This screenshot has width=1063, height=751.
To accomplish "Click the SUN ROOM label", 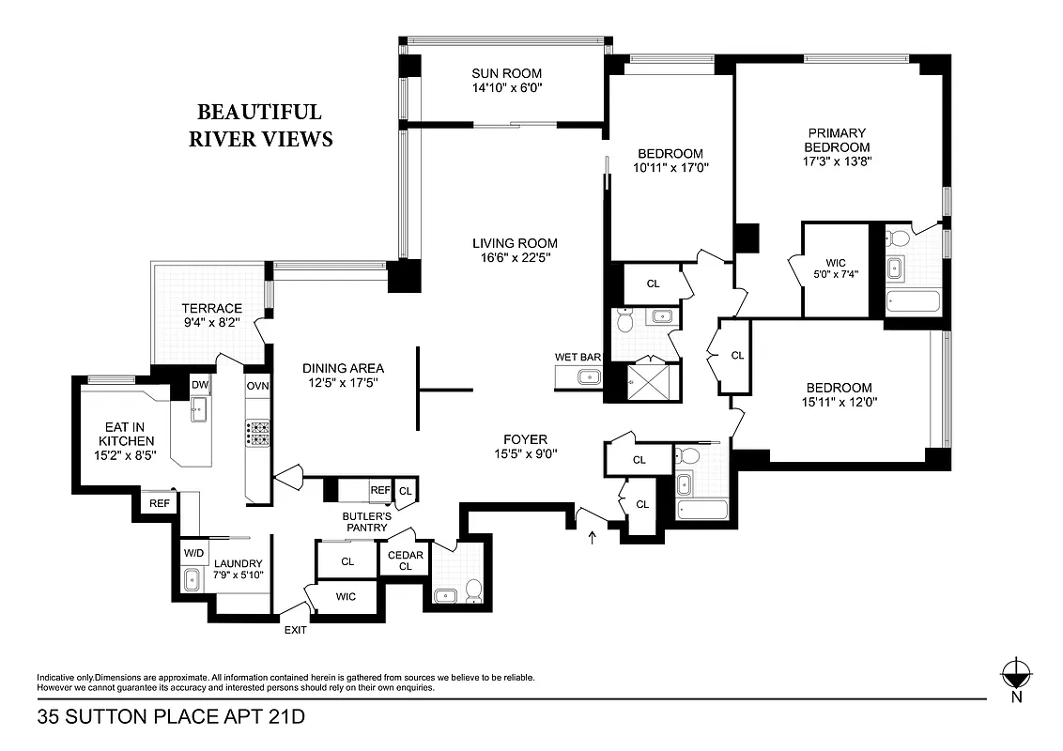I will click(x=506, y=73).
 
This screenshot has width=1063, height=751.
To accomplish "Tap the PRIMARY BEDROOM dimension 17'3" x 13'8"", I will click(x=835, y=161).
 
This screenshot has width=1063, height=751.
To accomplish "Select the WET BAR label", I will click(x=578, y=357).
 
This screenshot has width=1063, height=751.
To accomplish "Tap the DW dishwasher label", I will click(x=199, y=385).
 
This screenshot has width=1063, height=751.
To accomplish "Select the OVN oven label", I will click(x=257, y=386).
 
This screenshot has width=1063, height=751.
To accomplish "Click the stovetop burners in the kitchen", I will click(x=258, y=432).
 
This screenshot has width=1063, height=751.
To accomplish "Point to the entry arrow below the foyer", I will click(x=591, y=538).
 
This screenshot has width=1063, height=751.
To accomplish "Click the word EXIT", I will click(x=295, y=630).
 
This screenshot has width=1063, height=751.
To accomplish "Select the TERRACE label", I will click(x=211, y=308).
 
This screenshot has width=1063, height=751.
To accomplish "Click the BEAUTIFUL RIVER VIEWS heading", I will click(x=260, y=126).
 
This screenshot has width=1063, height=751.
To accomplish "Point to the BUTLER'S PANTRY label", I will click(x=365, y=521).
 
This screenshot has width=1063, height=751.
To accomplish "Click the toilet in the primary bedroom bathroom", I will click(x=897, y=236).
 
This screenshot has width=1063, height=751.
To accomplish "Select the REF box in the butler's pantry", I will click(x=379, y=490).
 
